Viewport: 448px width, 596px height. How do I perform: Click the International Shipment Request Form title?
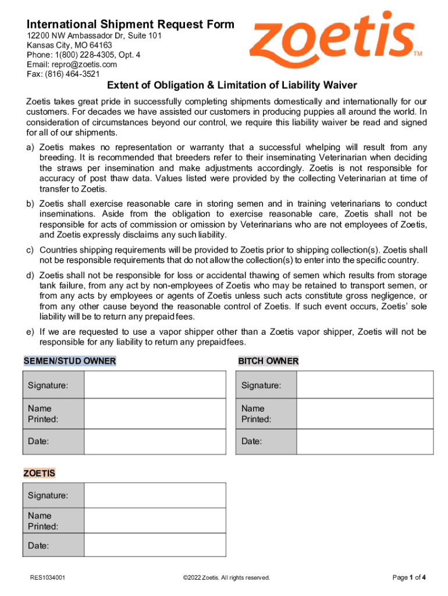tap(130, 24)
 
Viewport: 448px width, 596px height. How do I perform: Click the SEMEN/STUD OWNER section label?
tap(70, 361)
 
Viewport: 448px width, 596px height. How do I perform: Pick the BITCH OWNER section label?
tap(268, 361)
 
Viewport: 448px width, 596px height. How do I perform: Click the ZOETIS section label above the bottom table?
tap(39, 473)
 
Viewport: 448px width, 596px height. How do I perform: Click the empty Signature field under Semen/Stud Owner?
tap(155, 385)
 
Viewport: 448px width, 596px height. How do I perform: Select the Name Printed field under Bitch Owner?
tap(365, 414)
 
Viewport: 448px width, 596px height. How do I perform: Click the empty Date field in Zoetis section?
tap(155, 546)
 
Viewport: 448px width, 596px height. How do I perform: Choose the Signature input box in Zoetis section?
tap(155, 495)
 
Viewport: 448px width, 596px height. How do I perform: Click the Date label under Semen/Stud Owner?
tap(38, 441)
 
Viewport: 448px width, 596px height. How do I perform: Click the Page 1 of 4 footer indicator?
tap(409, 577)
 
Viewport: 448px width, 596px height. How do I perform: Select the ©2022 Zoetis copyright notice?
tap(226, 578)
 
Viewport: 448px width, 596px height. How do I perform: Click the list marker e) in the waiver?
tap(29, 332)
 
